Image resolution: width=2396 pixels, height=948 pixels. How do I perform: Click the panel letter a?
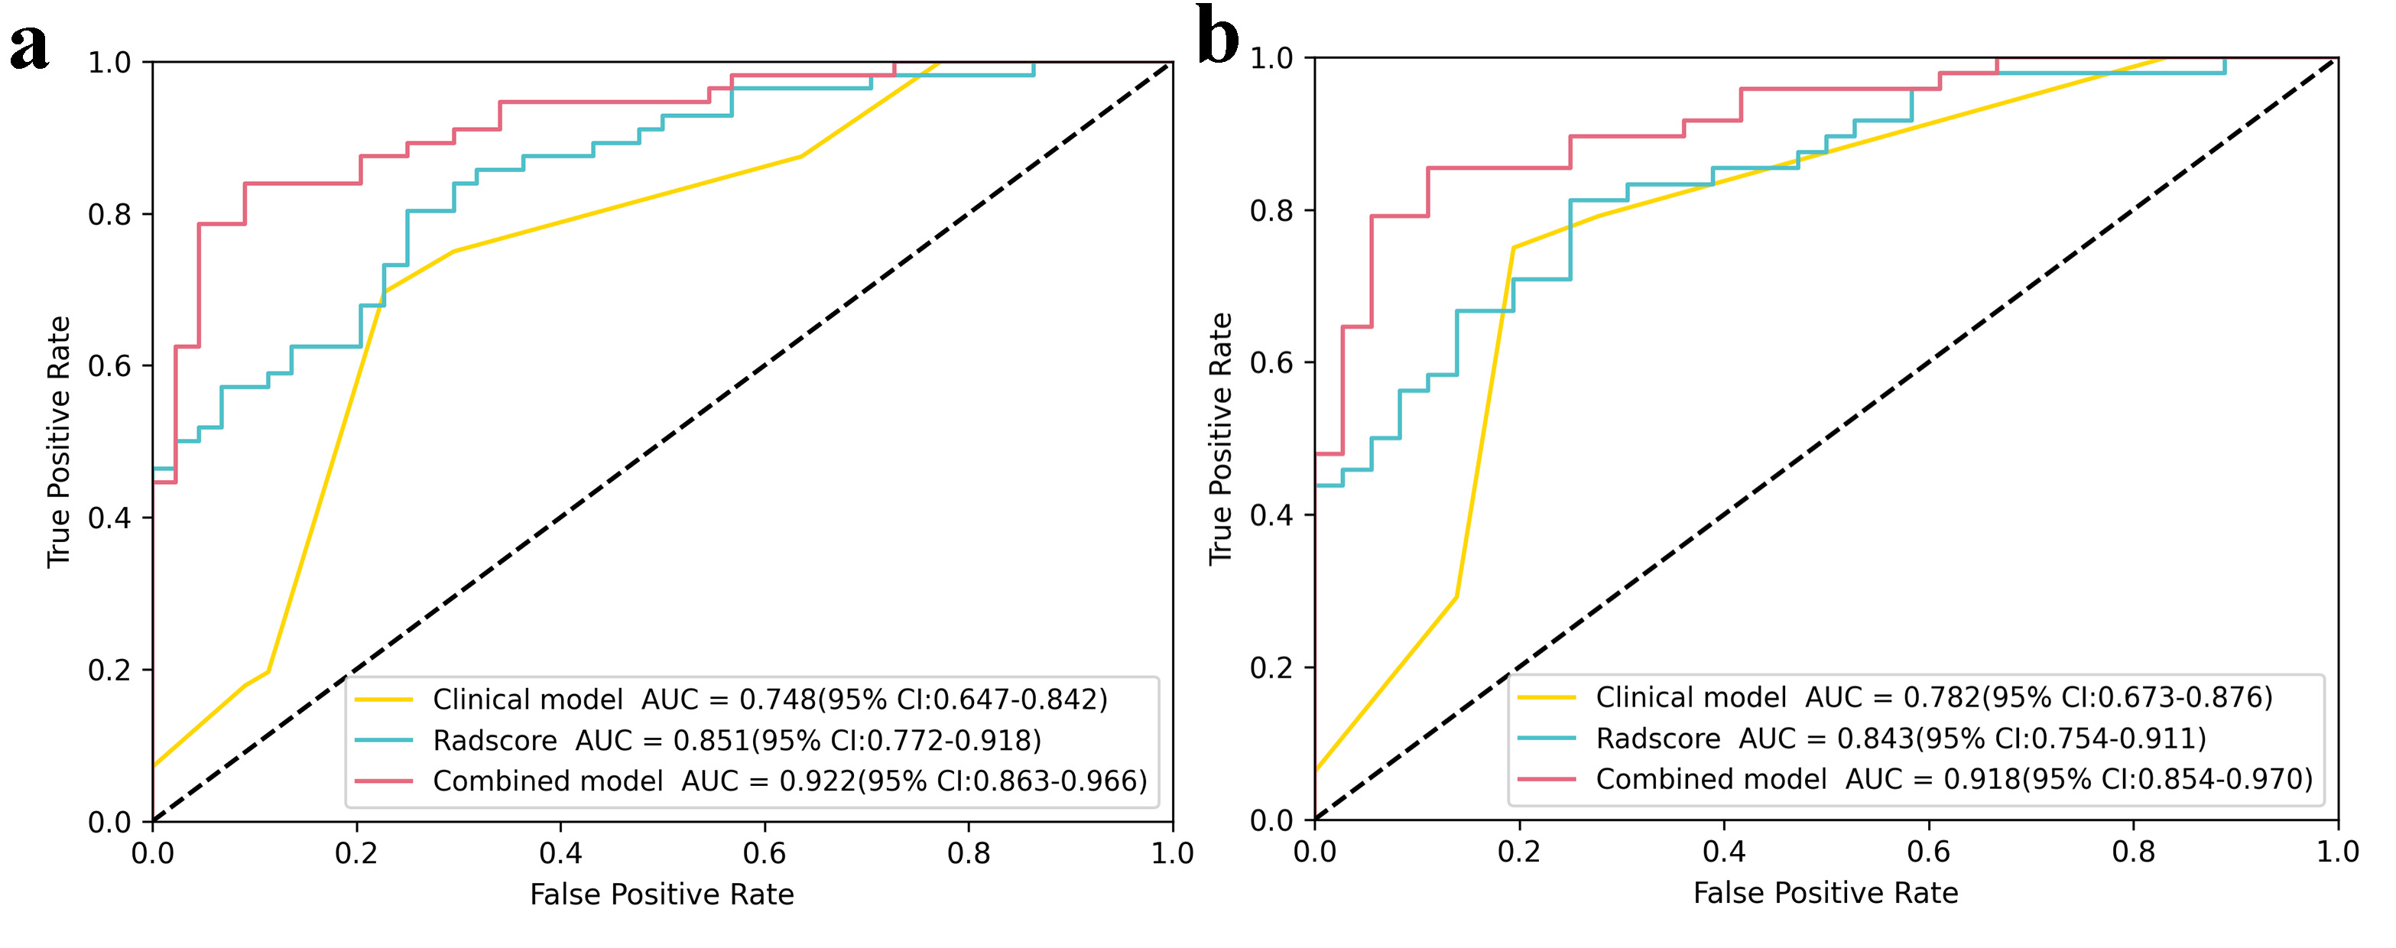[x=29, y=47]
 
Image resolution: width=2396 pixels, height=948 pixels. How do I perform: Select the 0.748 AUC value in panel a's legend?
[x=777, y=700]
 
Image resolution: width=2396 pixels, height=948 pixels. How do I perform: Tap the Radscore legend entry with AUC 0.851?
[x=737, y=741]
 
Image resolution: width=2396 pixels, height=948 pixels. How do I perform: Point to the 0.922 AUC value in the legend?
[x=817, y=781]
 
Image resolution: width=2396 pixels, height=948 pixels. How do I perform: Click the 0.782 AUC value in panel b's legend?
[x=1941, y=698]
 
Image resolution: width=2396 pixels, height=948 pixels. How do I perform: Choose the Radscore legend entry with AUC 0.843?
[x=1901, y=739]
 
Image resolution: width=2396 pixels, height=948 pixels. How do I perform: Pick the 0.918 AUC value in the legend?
[x=1981, y=780]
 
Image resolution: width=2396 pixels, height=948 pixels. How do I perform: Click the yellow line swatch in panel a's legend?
[x=384, y=700]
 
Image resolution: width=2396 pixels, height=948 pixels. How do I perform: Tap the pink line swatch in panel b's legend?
[x=1547, y=780]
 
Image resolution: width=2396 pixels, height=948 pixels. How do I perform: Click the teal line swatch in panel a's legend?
[x=384, y=741]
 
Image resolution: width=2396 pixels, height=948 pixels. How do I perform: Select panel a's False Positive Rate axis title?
[x=661, y=895]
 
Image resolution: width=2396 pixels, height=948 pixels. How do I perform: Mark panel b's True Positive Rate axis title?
[x=1219, y=438]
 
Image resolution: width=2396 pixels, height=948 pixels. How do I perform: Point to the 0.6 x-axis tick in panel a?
[x=764, y=853]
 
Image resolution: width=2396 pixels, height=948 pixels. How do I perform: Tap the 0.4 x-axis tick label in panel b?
[x=1723, y=851]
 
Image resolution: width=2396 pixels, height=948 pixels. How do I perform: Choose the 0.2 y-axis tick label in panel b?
[x=1271, y=668]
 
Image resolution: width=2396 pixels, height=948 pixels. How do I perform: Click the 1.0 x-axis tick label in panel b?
[x=2336, y=851]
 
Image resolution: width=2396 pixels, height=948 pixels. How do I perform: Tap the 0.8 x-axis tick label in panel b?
[x=2133, y=851]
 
